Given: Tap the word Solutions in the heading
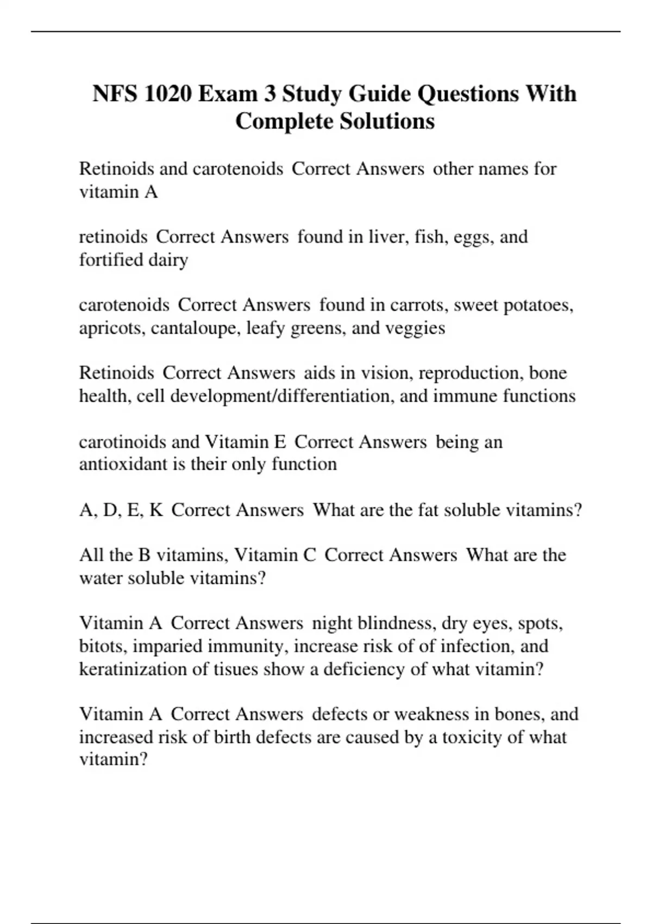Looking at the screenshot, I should [387, 121].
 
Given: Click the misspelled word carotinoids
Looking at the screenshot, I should [122, 442].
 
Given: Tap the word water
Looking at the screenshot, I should [101, 578].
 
